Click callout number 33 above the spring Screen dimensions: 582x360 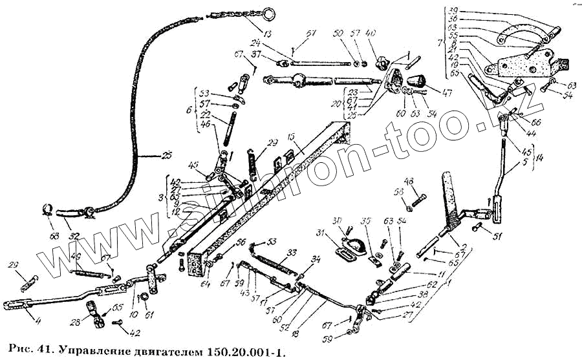click(292, 252)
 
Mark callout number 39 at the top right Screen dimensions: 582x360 click(453, 10)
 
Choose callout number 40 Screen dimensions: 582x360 click(389, 34)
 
